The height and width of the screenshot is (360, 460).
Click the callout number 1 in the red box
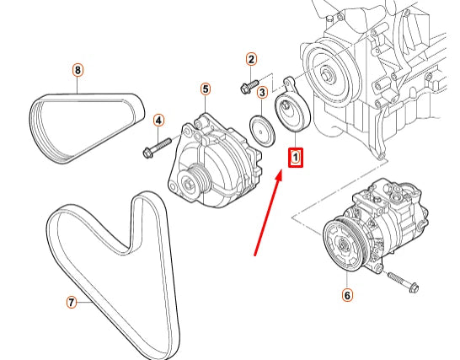coord(296,156)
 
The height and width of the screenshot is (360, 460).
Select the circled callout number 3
coord(262,93)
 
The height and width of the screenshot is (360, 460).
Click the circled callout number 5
coord(205,89)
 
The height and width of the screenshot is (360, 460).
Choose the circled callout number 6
coord(346,295)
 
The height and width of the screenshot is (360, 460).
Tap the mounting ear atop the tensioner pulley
coord(288,83)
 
